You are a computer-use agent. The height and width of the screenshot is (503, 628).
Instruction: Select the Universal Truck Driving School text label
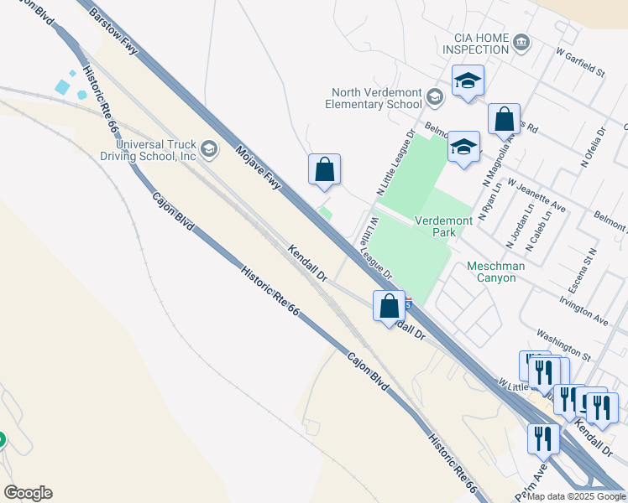155,150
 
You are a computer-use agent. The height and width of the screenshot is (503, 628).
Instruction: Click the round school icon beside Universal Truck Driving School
208,150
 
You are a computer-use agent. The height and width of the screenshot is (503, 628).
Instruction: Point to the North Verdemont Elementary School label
376,98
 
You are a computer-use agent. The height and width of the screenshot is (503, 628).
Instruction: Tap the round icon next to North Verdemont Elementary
434,97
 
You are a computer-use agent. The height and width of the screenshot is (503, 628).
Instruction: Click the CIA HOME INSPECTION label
481,44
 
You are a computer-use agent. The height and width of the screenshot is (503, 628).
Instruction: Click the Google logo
28,493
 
